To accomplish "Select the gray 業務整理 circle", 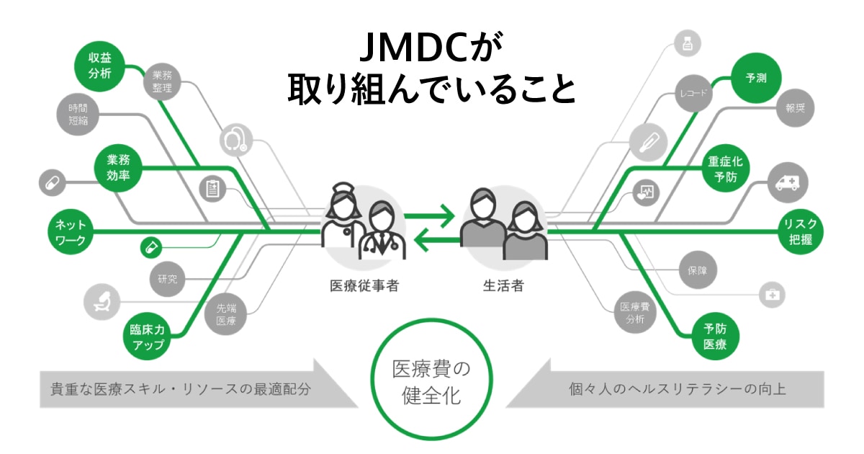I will (x=163, y=81).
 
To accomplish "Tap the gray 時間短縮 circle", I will (x=78, y=115).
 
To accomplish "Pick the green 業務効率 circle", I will (x=117, y=169).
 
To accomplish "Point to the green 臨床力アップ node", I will (x=147, y=337).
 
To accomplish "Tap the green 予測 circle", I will (x=756, y=79).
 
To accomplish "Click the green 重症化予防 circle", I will (x=726, y=169).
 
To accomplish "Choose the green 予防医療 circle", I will (x=715, y=337).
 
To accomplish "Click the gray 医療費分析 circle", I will (x=634, y=312).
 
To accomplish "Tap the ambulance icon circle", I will (x=788, y=182).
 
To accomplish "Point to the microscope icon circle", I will (x=104, y=301).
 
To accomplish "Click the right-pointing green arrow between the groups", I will (x=430, y=215).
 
